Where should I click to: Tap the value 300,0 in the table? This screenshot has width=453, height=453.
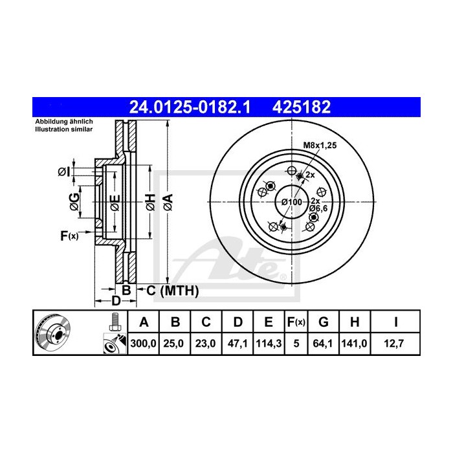[x=143, y=345]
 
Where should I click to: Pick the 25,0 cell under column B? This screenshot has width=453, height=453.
[x=175, y=345]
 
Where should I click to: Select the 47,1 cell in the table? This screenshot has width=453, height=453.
[x=238, y=345]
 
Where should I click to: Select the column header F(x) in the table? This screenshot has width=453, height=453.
[x=296, y=322]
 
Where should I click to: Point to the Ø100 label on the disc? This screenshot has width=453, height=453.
[x=292, y=202]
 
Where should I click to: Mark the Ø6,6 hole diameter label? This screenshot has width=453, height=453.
[x=318, y=208]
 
